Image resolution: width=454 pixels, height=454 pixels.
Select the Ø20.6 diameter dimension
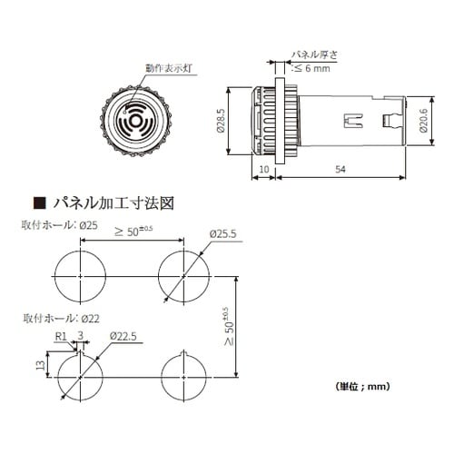click(426, 123)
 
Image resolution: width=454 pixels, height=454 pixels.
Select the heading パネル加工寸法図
click(113, 202)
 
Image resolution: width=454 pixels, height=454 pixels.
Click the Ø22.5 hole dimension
click(123, 337)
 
